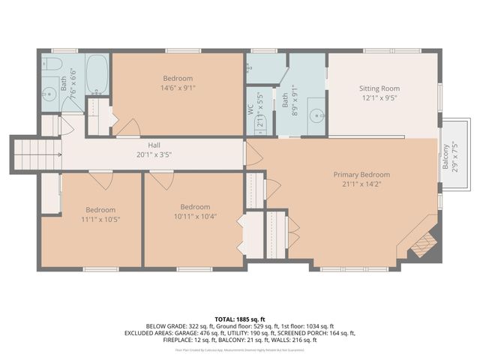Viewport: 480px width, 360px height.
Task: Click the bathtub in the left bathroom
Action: coord(97,73)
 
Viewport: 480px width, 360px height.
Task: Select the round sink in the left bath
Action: coord(49,94)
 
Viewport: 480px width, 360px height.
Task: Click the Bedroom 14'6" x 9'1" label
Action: coord(178,78)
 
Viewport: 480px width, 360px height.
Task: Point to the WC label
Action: coord(251,108)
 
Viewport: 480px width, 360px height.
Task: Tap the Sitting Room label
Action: coord(380,88)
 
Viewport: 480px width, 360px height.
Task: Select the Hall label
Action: coord(154,145)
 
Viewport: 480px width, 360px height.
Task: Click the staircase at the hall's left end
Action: coord(34,154)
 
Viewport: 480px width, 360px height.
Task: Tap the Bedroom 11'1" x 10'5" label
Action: coord(100,210)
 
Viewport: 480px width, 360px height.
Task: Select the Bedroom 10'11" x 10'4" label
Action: coord(195,207)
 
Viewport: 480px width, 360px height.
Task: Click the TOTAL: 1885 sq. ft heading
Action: coord(240,319)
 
